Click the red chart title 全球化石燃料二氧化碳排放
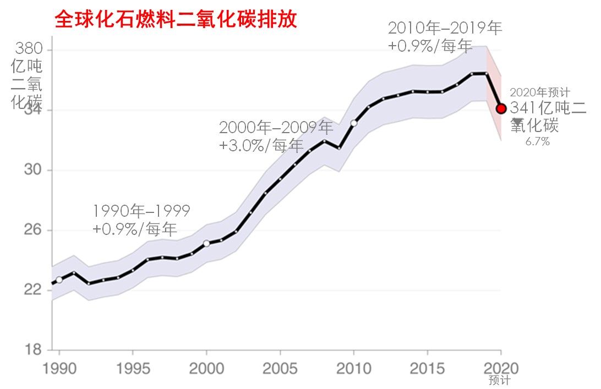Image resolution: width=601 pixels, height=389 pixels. (176, 20)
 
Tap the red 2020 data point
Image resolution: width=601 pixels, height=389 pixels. (501, 108)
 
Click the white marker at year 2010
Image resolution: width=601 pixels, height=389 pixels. (354, 123)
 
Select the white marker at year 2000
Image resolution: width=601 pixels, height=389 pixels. (206, 243)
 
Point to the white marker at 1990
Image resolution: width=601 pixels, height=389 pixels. (59, 280)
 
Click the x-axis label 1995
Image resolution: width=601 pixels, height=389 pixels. (133, 368)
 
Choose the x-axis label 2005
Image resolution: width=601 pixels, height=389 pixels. (280, 368)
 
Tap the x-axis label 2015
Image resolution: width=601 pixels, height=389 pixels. (427, 368)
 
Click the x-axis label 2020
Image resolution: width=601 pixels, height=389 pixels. (501, 368)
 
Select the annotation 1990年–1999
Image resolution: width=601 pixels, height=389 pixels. (141, 211)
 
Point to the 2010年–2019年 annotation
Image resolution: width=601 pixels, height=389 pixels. (445, 28)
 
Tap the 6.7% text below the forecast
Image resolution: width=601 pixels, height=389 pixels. (538, 141)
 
